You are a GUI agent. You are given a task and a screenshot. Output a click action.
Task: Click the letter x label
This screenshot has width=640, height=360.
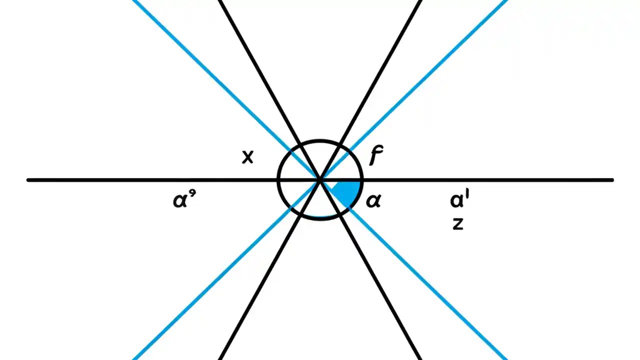247,157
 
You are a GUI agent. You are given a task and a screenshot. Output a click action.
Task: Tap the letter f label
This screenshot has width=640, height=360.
375,155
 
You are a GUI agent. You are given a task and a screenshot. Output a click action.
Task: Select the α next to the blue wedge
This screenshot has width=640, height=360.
373,201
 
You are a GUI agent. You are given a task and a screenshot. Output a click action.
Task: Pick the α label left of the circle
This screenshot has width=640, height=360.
183,200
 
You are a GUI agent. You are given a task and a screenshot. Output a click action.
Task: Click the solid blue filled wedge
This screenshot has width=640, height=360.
347,192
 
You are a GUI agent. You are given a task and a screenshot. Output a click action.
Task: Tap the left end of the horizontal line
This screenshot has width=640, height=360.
28,180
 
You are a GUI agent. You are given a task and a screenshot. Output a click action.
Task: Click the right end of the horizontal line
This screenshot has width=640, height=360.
612,180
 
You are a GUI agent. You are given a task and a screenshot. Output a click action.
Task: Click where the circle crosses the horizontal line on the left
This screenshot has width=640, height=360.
278,180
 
